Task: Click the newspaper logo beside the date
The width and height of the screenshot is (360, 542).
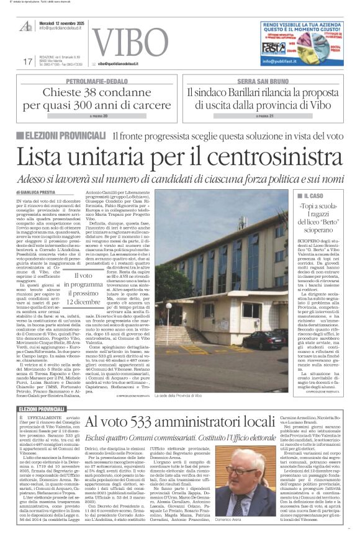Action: click(x=26, y=25)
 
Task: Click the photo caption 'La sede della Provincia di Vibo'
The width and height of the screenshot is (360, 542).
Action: click(x=196, y=360)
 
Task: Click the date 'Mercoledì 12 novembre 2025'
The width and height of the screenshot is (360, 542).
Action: click(x=69, y=21)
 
